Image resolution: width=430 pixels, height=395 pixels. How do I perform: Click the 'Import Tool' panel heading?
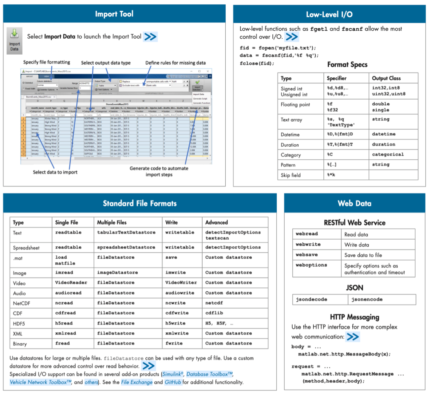tap(114, 14)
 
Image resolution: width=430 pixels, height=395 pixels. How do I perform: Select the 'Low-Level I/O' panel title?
tap(329, 15)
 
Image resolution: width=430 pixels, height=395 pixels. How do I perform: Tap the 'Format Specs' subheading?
tap(347, 65)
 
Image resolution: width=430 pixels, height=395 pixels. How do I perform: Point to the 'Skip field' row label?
tap(291, 175)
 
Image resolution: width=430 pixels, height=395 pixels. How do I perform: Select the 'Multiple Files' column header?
tap(111, 222)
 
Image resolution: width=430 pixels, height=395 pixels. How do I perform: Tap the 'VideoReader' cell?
tap(71, 283)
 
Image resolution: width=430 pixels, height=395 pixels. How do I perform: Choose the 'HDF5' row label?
tap(20, 323)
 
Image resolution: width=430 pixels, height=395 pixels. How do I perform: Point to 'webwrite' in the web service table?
tap(308, 244)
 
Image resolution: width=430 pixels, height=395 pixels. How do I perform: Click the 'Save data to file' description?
tap(363, 255)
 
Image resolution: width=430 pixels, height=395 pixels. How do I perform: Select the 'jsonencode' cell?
tap(367, 299)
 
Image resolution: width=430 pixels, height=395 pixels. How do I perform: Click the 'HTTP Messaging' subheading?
tap(354, 317)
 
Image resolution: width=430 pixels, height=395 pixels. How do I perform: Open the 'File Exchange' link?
tap(137, 382)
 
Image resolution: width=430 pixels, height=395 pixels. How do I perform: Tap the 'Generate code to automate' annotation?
tap(159, 168)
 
